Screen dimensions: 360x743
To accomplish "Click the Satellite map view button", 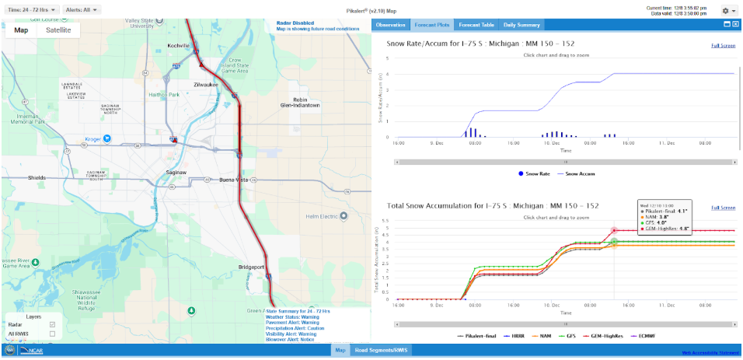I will (x=58, y=30).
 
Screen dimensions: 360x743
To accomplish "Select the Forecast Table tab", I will (x=476, y=25).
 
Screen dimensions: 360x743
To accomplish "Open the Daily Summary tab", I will (x=521, y=25).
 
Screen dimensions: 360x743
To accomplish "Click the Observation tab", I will (x=390, y=25).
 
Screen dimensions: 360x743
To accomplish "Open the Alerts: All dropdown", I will (x=81, y=10).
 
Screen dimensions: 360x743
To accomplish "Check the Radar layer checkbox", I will (x=52, y=324).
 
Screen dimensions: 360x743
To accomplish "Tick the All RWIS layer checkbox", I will (x=52, y=334).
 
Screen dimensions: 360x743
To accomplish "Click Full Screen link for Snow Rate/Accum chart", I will (x=723, y=46).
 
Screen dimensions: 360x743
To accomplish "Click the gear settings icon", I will (x=726, y=11).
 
